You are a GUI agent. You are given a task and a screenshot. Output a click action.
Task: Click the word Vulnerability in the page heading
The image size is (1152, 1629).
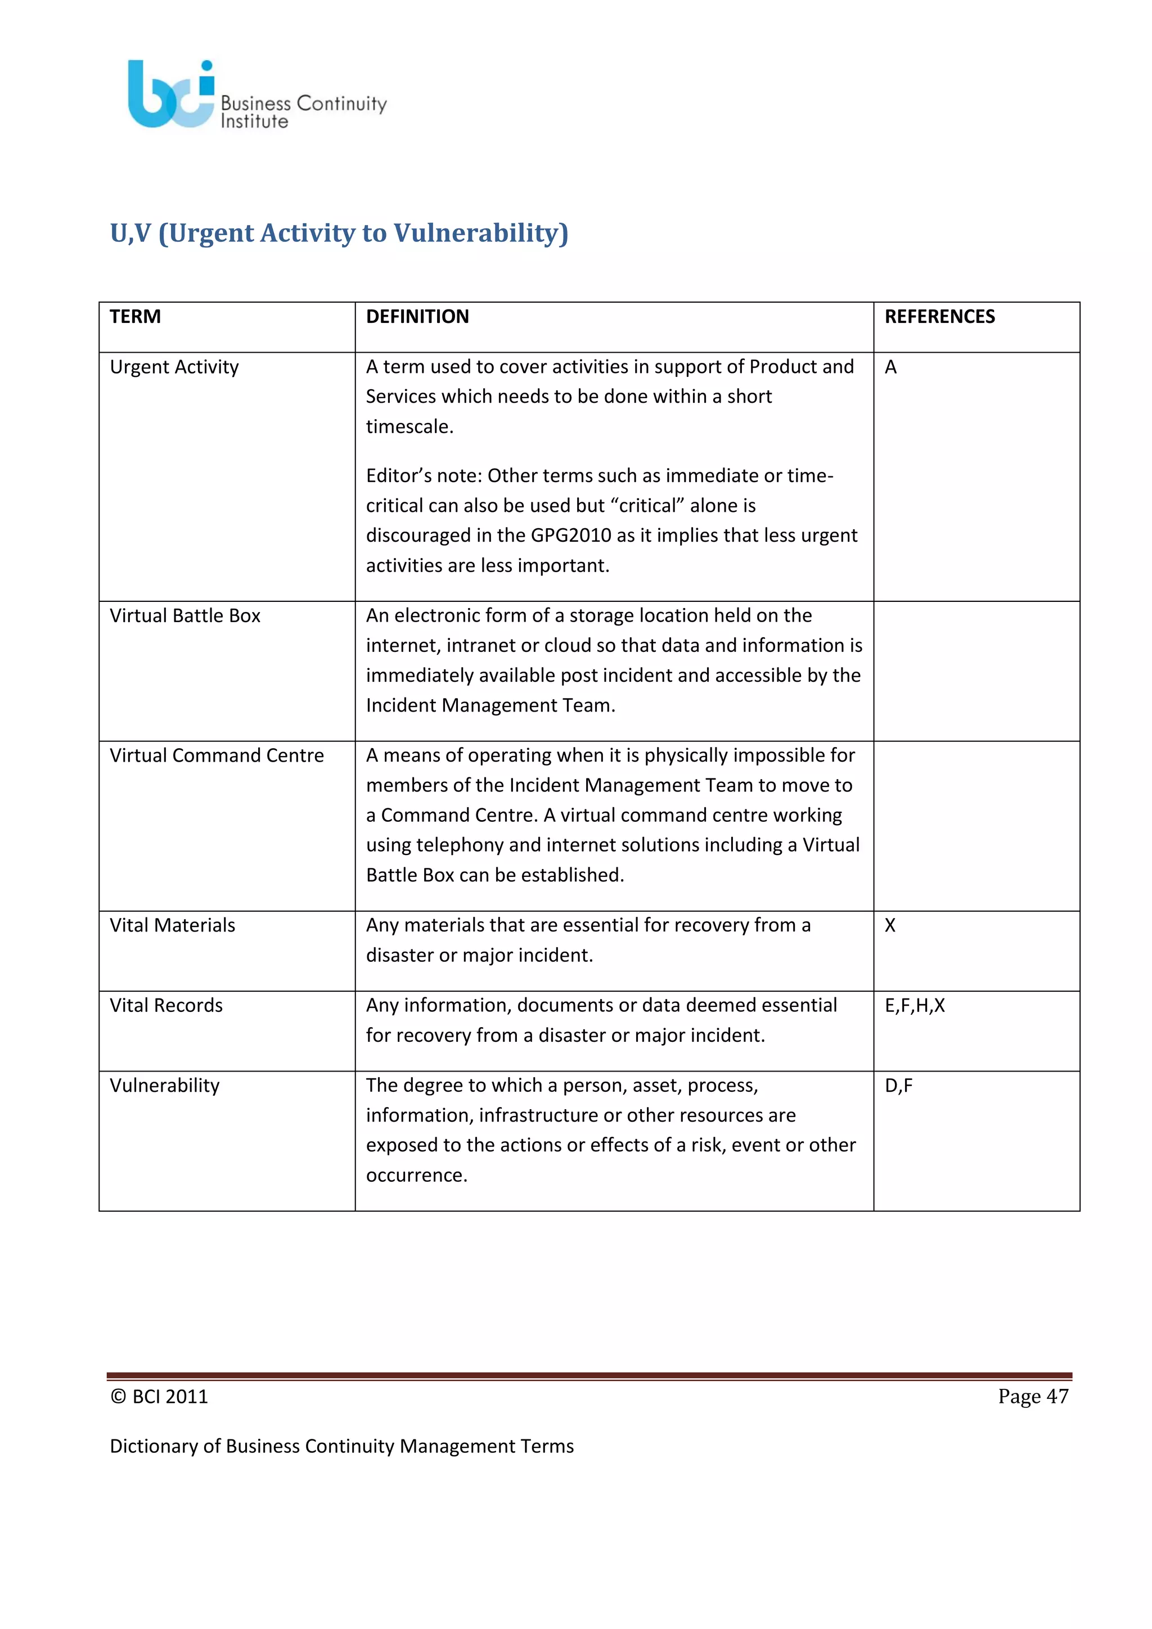pyautogui.click(x=481, y=233)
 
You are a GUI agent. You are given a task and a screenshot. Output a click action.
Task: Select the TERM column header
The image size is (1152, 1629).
pyautogui.click(x=136, y=317)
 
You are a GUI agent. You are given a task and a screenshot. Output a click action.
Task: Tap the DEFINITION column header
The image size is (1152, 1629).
pyautogui.click(x=417, y=317)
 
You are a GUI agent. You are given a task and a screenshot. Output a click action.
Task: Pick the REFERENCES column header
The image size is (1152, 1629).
pyautogui.click(x=939, y=317)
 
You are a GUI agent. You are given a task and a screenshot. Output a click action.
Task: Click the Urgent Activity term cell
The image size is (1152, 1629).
pyautogui.click(x=174, y=367)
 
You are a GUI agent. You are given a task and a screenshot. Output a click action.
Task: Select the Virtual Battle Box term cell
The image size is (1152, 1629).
pyautogui.click(x=185, y=615)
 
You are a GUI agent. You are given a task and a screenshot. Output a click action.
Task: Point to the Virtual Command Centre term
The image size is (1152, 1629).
pyautogui.click(x=217, y=755)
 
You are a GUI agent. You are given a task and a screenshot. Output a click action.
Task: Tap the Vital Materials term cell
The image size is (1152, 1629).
pyautogui.click(x=172, y=925)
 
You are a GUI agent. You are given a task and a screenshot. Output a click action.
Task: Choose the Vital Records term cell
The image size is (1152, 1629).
pyautogui.click(x=166, y=1005)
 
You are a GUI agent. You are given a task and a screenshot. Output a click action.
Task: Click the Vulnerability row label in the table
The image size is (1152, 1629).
pyautogui.click(x=165, y=1086)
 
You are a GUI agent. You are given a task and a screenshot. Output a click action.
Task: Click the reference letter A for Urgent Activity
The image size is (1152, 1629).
pyautogui.click(x=891, y=367)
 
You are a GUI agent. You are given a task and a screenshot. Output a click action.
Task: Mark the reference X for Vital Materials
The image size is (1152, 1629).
pyautogui.click(x=890, y=925)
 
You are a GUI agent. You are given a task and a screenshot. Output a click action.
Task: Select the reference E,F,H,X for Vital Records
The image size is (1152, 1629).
pyautogui.click(x=915, y=1005)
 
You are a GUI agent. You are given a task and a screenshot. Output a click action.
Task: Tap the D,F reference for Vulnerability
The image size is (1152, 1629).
pyautogui.click(x=899, y=1086)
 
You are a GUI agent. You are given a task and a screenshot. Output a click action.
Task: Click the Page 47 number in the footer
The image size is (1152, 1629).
pyautogui.click(x=1033, y=1396)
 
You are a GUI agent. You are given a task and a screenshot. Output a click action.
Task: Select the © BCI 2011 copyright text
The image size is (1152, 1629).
pyautogui.click(x=160, y=1396)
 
